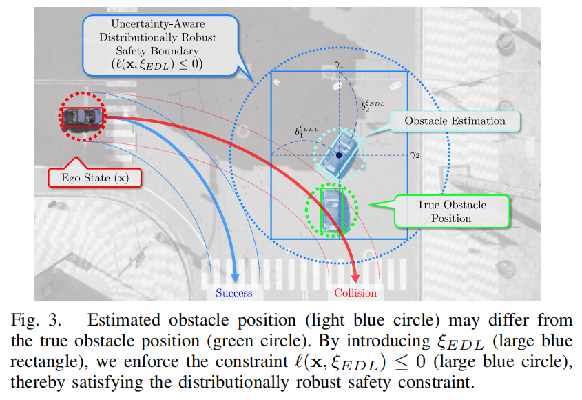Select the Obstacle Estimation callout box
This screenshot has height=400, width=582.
(454, 121)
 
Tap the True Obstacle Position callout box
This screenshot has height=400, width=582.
(451, 211)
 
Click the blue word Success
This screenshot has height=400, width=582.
(234, 293)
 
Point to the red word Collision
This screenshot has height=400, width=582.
(355, 293)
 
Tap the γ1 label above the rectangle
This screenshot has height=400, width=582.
(339, 65)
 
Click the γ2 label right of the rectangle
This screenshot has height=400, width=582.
(415, 155)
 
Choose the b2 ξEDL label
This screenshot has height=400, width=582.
(372, 106)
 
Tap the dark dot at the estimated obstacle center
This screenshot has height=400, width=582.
(339, 156)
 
